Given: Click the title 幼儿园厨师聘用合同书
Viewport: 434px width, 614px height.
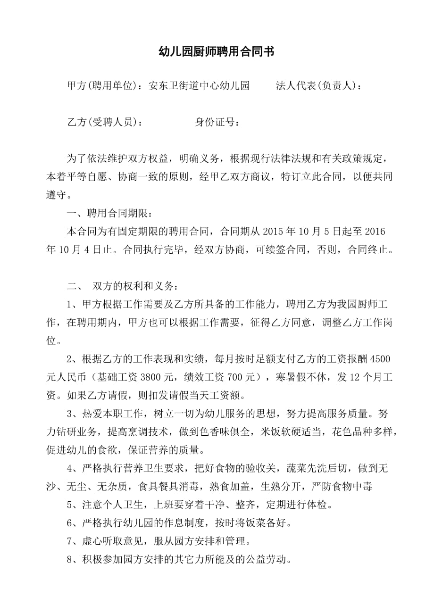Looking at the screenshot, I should pyautogui.click(x=217, y=51).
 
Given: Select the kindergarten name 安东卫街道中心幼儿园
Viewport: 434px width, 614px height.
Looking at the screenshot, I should pyautogui.click(x=199, y=86).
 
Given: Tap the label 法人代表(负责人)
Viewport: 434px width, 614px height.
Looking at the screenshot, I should pyautogui.click(x=318, y=86).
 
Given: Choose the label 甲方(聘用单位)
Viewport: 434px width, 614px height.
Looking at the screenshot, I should pyautogui.click(x=104, y=86).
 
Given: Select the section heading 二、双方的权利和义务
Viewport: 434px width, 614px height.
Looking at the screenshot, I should pyautogui.click(x=123, y=286).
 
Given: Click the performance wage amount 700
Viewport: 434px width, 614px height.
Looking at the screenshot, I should pyautogui.click(x=243, y=377).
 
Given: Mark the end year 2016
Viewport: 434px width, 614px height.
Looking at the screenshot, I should pyautogui.click(x=376, y=231).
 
